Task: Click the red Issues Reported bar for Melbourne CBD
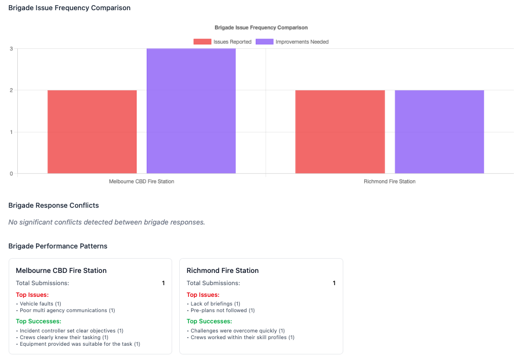92,131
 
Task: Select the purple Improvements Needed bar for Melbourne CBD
191,111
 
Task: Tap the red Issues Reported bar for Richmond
340,131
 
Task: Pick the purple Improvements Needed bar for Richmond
439,131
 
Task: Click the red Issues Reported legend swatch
202,42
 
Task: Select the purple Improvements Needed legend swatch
264,42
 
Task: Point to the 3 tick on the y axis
11,49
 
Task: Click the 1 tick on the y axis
11,132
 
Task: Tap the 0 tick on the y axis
11,174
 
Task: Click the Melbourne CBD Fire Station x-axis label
142,181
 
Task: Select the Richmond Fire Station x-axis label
390,181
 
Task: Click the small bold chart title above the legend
261,27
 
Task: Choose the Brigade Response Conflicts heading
53,205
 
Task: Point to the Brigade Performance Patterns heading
58,246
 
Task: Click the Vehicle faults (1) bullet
40,304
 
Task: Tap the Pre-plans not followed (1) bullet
222,310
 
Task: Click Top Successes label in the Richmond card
209,321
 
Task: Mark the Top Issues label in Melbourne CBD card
32,295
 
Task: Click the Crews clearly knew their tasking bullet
64,337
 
